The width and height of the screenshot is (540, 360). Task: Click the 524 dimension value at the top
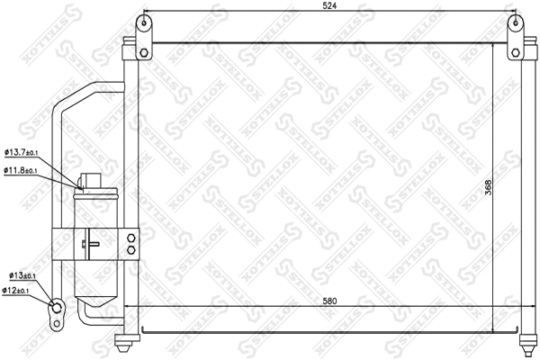329,9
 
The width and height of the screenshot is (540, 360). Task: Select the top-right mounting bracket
514,36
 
